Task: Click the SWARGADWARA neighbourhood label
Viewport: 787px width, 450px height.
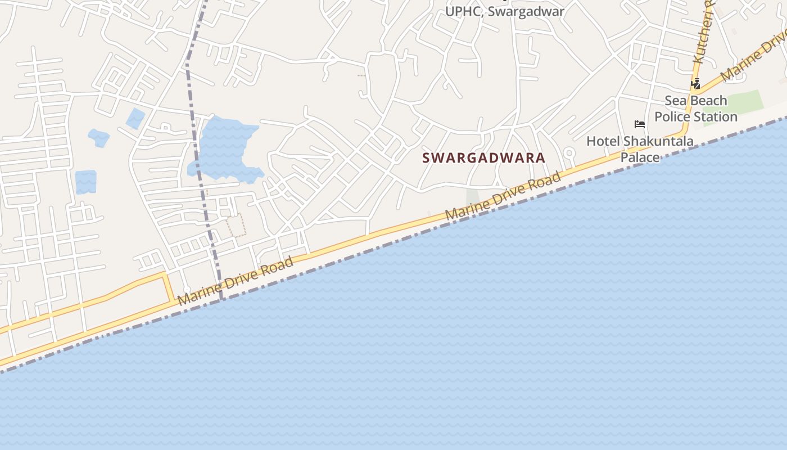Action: pos(483,157)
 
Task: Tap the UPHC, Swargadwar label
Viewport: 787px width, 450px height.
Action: pos(504,11)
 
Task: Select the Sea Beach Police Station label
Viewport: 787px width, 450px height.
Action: pos(696,109)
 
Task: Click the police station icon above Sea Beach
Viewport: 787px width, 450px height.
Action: pos(695,84)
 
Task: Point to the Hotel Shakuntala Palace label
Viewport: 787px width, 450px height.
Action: pos(640,148)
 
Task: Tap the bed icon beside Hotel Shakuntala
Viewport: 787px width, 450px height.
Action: pos(639,124)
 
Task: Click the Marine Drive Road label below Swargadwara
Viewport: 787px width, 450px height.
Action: pos(503,196)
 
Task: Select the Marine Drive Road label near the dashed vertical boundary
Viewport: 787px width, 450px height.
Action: pos(236,281)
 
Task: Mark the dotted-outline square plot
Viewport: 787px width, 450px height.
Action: pos(236,224)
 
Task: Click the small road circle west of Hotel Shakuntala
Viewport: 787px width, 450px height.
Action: pos(568,152)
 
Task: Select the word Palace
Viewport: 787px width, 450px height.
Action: pos(640,157)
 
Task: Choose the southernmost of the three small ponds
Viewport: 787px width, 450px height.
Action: pos(85,182)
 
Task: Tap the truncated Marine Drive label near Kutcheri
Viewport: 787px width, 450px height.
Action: pos(753,56)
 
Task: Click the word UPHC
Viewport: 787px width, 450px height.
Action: pos(461,11)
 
